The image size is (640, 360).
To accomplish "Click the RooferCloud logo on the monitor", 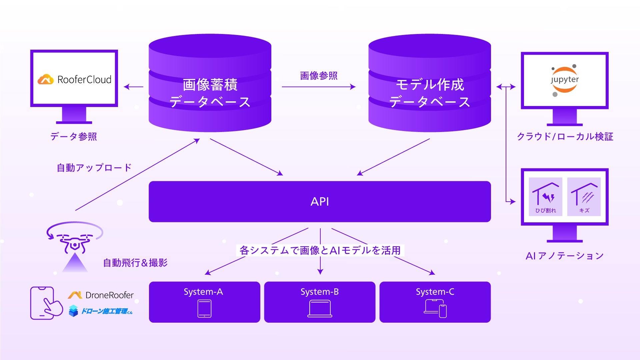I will click(74, 79).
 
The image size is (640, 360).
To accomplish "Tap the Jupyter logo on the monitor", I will click(565, 80).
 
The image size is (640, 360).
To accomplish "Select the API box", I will click(320, 202).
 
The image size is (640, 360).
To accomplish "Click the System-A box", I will click(204, 302).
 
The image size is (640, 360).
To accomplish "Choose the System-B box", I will click(320, 302).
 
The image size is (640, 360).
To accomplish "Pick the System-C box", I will click(435, 302).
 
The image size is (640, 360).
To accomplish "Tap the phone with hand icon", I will click(46, 303).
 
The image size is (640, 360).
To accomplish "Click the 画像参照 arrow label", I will click(319, 76).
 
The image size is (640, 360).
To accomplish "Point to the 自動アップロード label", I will click(94, 167).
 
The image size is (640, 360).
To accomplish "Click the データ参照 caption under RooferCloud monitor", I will click(74, 136).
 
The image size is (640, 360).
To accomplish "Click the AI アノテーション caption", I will click(565, 256).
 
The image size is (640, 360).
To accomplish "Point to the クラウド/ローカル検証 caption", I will click(565, 136).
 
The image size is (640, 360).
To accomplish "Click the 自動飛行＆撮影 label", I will click(135, 263).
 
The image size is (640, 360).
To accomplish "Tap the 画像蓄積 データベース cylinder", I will click(210, 83).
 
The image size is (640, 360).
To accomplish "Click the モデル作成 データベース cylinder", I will click(430, 83).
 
